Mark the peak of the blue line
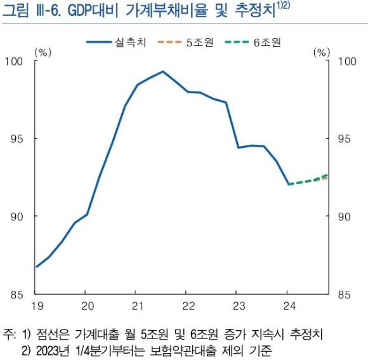click(162, 72)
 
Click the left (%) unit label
click(43, 53)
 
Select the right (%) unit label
click(322, 53)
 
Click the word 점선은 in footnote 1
click(52, 334)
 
